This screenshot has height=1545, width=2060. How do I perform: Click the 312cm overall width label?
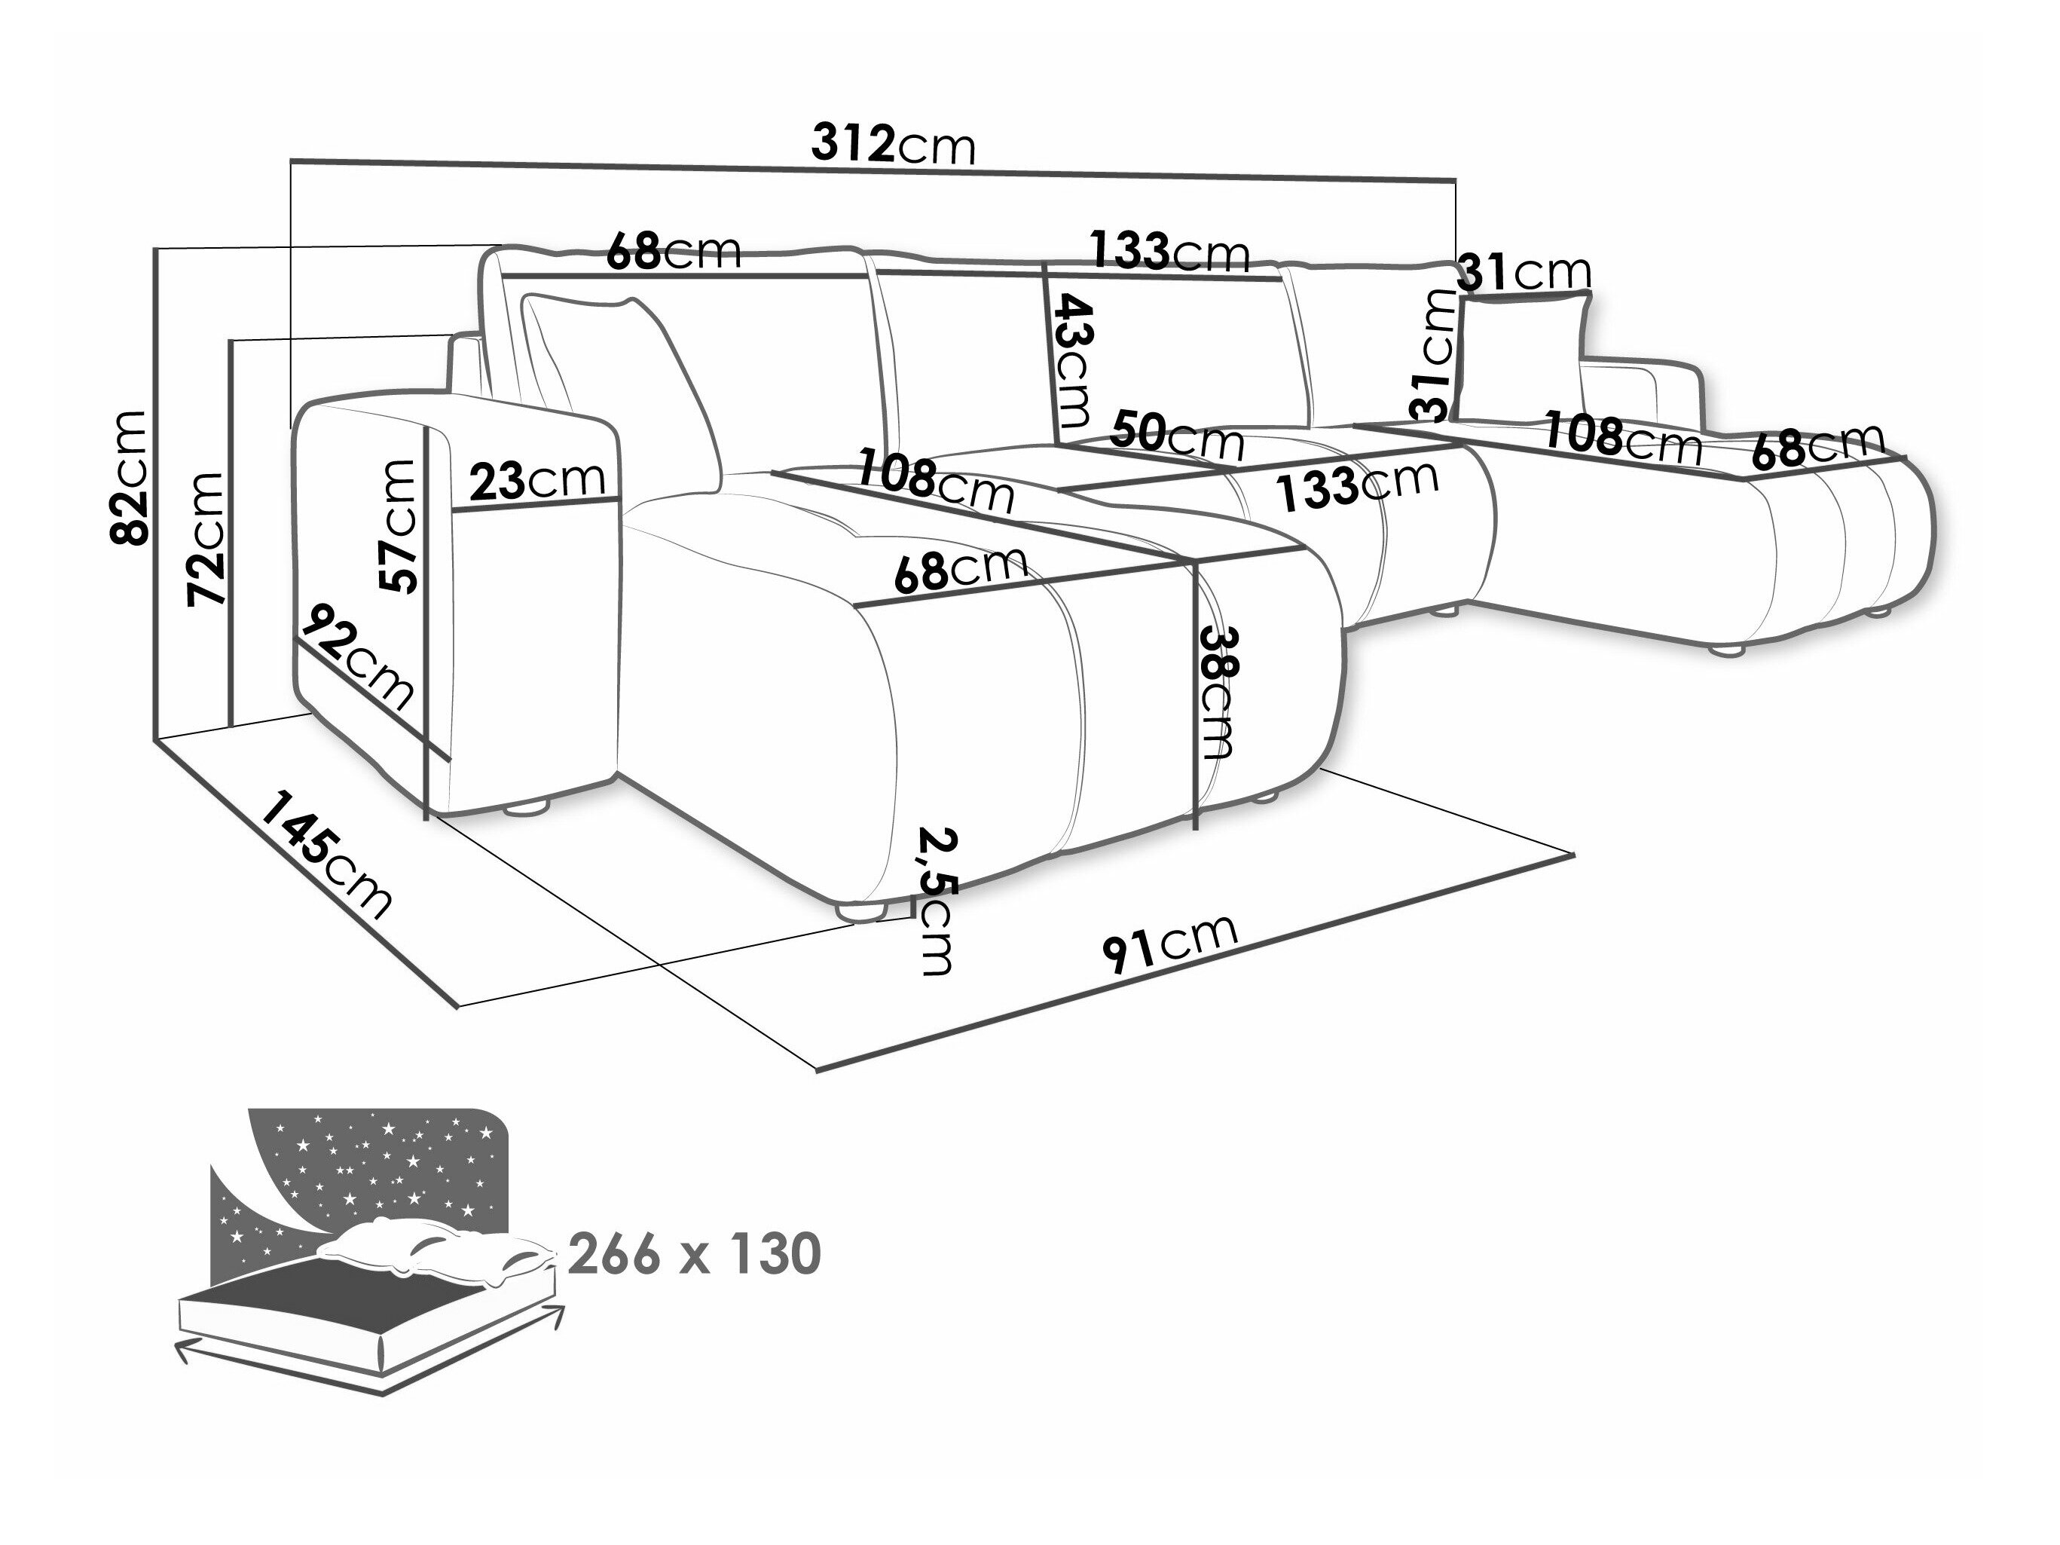pyautogui.click(x=892, y=145)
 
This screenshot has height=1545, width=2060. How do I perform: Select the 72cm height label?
pyautogui.click(x=206, y=538)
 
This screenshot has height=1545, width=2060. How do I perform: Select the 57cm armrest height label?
pyautogui.click(x=399, y=526)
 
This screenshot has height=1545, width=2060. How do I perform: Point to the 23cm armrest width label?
pyautogui.click(x=536, y=481)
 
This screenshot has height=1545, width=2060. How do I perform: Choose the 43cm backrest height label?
pyautogui.click(x=1073, y=359)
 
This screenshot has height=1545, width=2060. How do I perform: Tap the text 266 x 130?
pyautogui.click(x=695, y=1253)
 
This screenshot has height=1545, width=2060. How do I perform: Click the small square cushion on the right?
pyautogui.click(x=1524, y=353)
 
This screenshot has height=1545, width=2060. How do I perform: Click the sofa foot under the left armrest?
pyautogui.click(x=525, y=809)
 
